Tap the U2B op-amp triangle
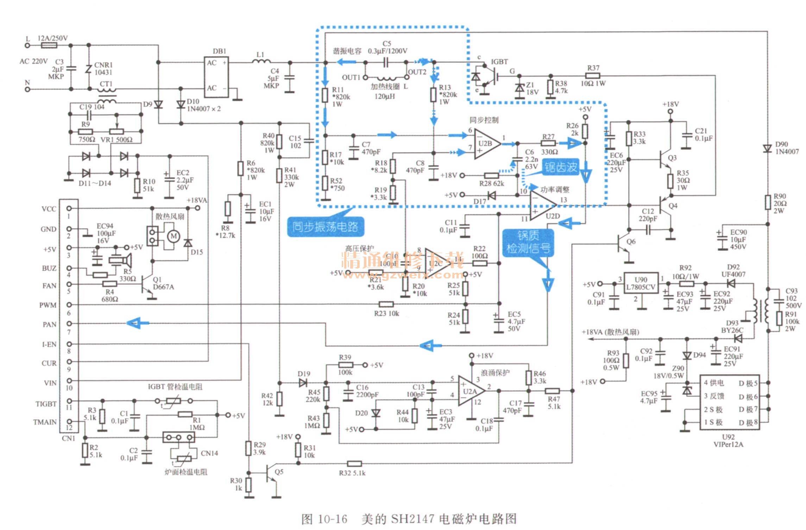pyautogui.click(x=486, y=144)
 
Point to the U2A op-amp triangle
pyautogui.click(x=470, y=391)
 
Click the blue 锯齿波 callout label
pyautogui.click(x=561, y=168)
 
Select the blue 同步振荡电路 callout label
pyautogui.click(x=325, y=227)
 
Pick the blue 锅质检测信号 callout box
pyautogui.click(x=528, y=242)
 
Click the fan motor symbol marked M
pyautogui.click(x=173, y=236)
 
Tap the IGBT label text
pyautogui.click(x=499, y=62)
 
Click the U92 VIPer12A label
pyautogui.click(x=728, y=441)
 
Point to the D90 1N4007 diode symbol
pyautogui.click(x=767, y=149)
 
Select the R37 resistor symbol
pyautogui.click(x=593, y=75)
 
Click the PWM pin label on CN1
pyautogui.click(x=48, y=305)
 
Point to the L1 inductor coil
pyautogui.click(x=261, y=62)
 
